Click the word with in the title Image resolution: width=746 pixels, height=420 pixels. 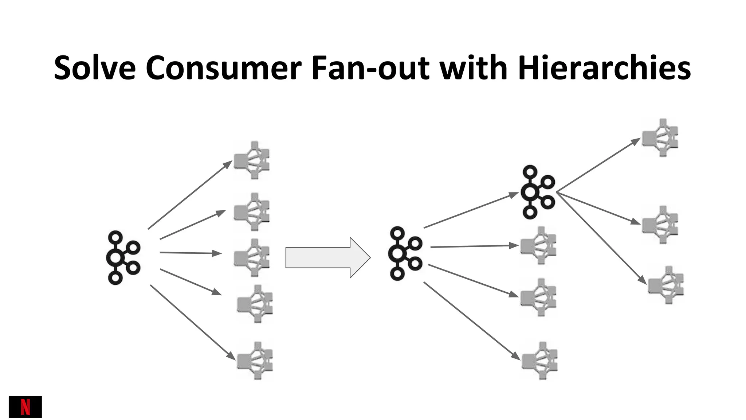click(x=474, y=68)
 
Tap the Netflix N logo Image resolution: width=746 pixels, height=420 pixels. click(x=25, y=407)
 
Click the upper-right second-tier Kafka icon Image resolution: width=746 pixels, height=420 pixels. click(x=538, y=192)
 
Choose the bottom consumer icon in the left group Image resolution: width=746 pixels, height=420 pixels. click(x=255, y=361)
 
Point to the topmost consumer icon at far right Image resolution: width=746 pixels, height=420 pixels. click(x=660, y=138)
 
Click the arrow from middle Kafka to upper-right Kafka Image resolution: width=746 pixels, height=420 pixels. click(x=470, y=210)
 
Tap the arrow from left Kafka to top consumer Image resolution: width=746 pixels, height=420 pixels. click(x=189, y=195)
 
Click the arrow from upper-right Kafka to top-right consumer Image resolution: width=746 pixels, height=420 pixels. click(x=597, y=165)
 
